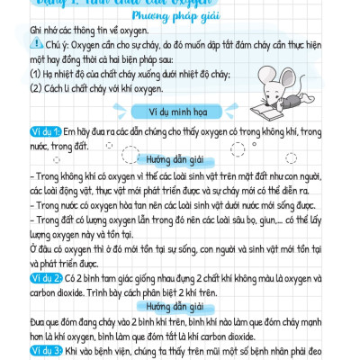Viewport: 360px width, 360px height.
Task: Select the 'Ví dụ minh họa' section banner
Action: pyautogui.click(x=179, y=112)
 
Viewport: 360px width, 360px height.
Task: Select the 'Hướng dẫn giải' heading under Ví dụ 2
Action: pyautogui.click(x=179, y=306)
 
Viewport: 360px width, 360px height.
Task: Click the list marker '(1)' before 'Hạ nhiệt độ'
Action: pyautogui.click(x=13, y=73)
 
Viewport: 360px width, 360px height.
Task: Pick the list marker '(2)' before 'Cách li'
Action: pyautogui.click(x=13, y=87)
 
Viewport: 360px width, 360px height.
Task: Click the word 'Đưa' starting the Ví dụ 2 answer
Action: pyautogui.click(x=13, y=321)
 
